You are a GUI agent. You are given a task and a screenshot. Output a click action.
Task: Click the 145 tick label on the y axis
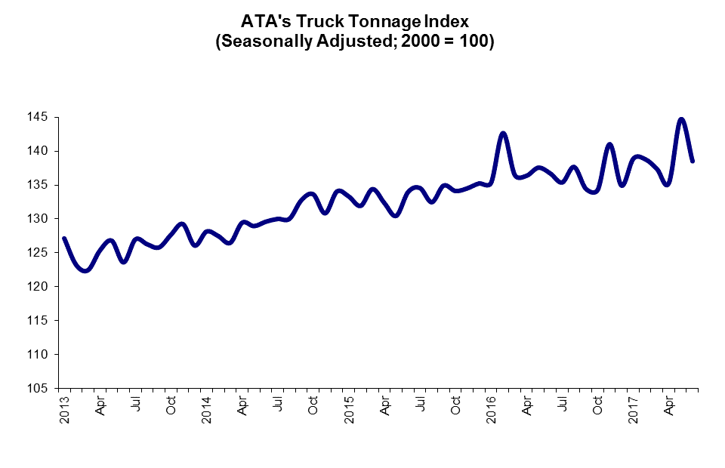(x=39, y=117)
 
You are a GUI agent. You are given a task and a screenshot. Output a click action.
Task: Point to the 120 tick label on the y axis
(x=39, y=287)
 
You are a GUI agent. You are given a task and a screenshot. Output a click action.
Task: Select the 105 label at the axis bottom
(x=39, y=388)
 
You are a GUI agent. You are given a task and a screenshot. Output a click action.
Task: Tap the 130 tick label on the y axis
(x=39, y=219)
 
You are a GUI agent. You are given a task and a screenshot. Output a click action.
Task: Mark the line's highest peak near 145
(x=681, y=119)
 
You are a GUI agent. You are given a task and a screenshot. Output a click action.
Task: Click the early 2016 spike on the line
(x=503, y=134)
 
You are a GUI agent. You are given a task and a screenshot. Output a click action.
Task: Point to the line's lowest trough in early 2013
(x=85, y=270)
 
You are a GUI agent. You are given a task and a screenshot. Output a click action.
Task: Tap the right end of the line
(x=693, y=161)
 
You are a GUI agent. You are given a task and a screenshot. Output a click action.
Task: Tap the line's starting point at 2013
(x=64, y=239)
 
